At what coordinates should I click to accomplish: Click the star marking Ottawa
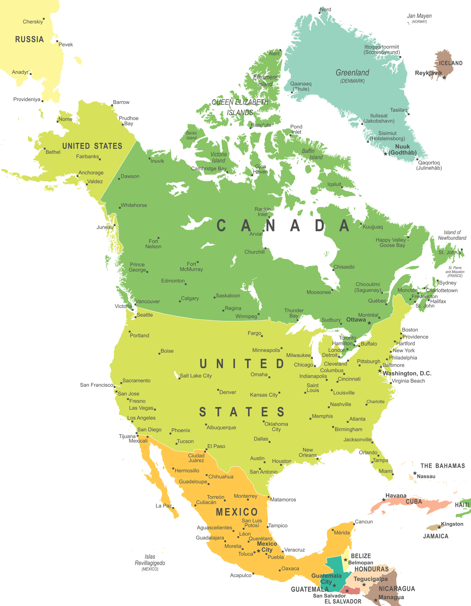click(x=369, y=323)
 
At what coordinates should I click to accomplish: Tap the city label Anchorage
click(x=91, y=173)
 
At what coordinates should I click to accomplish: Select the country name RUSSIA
click(x=29, y=39)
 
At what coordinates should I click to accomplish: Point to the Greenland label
click(x=352, y=73)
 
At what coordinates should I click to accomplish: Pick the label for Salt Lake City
click(x=196, y=376)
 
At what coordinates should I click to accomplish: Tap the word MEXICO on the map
click(x=237, y=512)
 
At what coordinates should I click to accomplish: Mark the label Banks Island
click(x=191, y=135)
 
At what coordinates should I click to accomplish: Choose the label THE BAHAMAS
click(x=442, y=466)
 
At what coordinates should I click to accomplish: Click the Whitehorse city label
click(x=134, y=205)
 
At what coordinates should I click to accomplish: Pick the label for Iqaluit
click(x=334, y=184)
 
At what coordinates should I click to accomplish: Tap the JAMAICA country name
click(x=436, y=536)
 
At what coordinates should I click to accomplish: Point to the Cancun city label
click(x=364, y=522)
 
